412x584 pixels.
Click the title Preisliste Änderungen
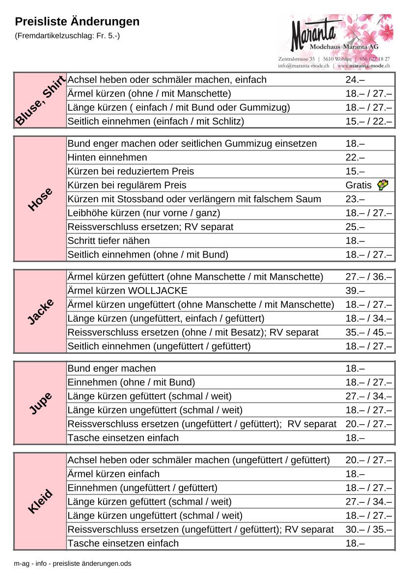click(x=77, y=22)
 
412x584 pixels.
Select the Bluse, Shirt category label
click(x=40, y=101)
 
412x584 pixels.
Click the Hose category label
click(x=40, y=199)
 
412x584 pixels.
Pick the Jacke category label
click(x=40, y=312)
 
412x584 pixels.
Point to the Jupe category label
click(x=40, y=403)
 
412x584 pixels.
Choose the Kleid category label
click(x=40, y=502)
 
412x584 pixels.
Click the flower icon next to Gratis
click(x=383, y=185)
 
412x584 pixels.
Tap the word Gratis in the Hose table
click(x=358, y=186)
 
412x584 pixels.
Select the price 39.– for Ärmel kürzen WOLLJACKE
click(x=355, y=291)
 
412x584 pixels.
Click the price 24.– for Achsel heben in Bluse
click(x=355, y=80)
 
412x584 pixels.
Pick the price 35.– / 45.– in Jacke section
click(x=368, y=332)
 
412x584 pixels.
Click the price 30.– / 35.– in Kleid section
click(x=368, y=530)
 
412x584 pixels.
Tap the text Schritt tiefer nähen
click(x=109, y=241)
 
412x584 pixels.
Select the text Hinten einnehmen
click(x=107, y=158)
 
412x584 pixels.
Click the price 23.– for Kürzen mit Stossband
click(x=355, y=199)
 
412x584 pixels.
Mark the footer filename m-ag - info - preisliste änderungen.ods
click(x=73, y=564)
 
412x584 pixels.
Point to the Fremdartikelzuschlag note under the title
click(x=67, y=36)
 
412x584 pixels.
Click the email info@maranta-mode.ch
click(x=303, y=65)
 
